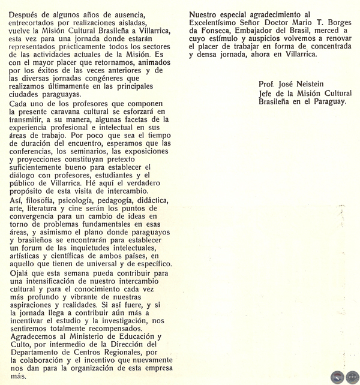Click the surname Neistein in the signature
[322, 84]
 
